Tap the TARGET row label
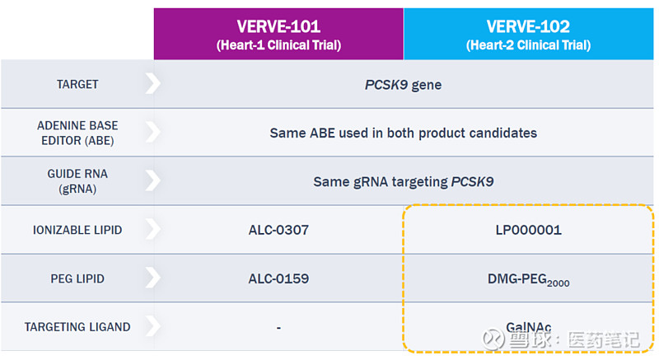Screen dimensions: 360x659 point(77,84)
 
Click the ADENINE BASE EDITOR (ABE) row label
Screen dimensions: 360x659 point(77,133)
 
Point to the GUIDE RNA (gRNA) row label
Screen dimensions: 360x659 point(77,181)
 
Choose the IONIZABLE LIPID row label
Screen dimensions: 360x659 point(77,230)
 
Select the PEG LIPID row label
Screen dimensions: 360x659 point(77,278)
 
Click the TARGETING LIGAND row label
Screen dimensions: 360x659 point(77,327)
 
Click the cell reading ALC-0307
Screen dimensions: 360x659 point(278,230)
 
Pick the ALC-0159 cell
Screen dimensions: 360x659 point(278,278)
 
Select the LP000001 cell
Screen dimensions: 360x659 point(528,230)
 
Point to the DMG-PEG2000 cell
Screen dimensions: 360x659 point(528,279)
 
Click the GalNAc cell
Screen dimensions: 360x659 point(528,326)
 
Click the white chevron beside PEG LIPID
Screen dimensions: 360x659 point(152,278)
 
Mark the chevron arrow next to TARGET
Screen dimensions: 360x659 point(152,84)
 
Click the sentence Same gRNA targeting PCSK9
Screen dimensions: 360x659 point(403,181)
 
